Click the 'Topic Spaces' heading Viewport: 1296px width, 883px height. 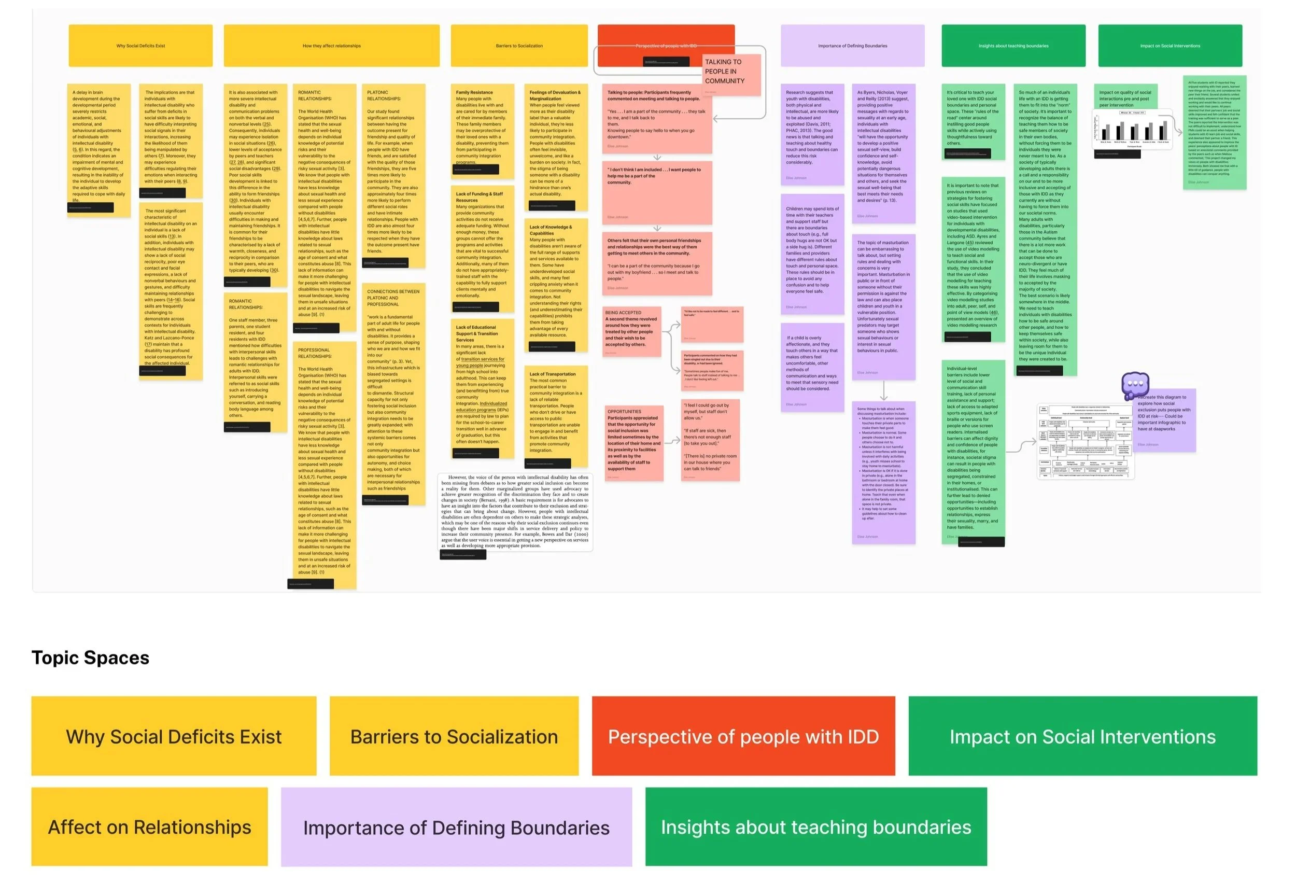(x=90, y=657)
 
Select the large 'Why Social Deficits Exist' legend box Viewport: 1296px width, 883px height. (x=174, y=736)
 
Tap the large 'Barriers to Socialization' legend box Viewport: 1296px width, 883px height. (x=454, y=736)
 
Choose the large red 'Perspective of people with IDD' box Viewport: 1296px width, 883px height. (x=743, y=736)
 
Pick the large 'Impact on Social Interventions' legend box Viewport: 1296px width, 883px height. (x=1082, y=736)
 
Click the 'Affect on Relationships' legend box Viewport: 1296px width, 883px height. (x=149, y=826)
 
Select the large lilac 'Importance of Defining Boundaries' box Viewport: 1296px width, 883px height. (x=456, y=826)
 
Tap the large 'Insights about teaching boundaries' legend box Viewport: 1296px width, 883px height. (x=815, y=826)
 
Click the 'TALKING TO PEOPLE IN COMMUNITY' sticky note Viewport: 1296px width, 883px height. (x=731, y=75)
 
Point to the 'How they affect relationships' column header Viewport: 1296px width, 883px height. (x=331, y=46)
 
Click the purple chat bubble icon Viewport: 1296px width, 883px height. (x=1135, y=384)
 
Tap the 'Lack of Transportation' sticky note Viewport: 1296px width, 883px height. (x=555, y=415)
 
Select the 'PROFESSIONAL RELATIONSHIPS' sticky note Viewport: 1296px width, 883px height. (x=324, y=463)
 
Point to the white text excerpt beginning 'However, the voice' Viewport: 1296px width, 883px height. (x=514, y=512)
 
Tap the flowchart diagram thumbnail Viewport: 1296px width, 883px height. (x=1084, y=441)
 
